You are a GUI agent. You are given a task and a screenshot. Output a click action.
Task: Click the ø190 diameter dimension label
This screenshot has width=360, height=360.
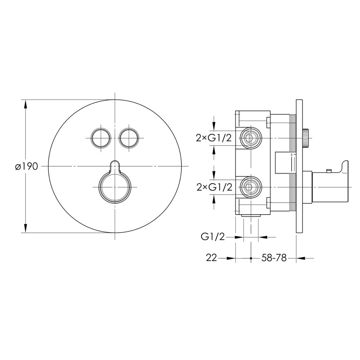click(26, 166)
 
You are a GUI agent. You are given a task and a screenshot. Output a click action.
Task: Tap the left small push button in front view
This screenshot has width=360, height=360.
click(101, 138)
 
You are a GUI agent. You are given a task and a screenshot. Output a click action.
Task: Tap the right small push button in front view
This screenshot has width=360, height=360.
click(129, 138)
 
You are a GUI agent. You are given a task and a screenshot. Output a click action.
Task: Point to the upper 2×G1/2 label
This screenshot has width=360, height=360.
click(214, 138)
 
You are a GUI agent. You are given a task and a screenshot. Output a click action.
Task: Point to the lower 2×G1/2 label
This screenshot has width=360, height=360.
click(215, 188)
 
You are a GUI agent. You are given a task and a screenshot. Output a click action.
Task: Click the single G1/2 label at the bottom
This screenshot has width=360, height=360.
click(213, 237)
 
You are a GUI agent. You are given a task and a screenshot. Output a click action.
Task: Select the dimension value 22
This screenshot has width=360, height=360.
click(211, 258)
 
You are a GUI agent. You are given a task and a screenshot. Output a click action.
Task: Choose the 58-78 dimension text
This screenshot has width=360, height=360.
click(274, 258)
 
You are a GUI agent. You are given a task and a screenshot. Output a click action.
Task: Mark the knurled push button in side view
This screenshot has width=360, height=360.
click(306, 138)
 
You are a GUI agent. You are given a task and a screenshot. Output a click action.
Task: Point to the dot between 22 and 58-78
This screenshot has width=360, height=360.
click(251, 258)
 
